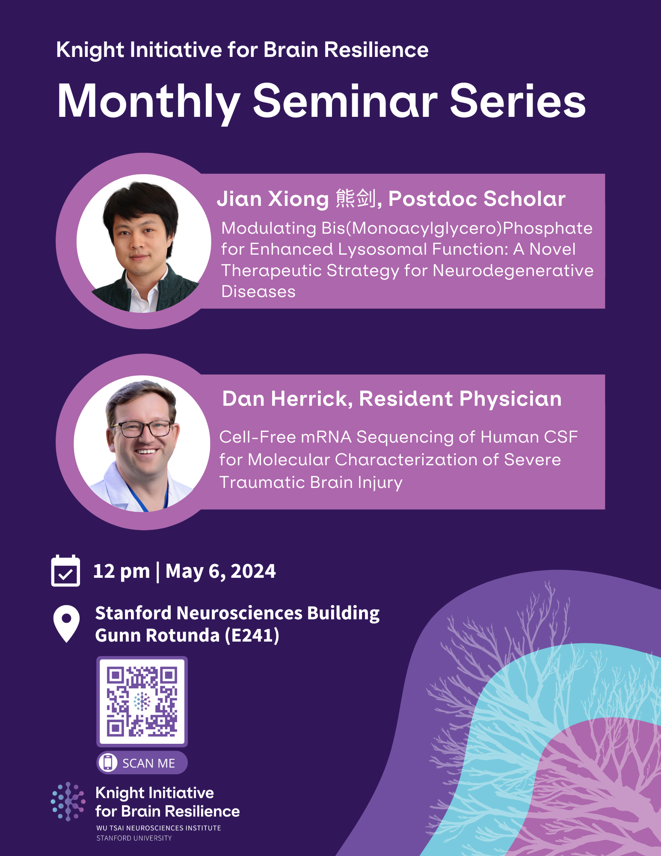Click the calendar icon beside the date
point(65,571)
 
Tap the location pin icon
point(66,623)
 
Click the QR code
point(142,701)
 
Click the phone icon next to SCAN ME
point(108,762)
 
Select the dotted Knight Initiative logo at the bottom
point(68,801)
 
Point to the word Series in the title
point(518,102)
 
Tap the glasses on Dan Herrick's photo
point(141,428)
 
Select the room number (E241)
point(252,636)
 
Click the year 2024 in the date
point(253,571)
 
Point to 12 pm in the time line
point(122,571)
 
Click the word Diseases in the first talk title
point(258,292)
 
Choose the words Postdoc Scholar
point(477,199)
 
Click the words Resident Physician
point(460,399)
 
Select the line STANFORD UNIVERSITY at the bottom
point(134,838)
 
